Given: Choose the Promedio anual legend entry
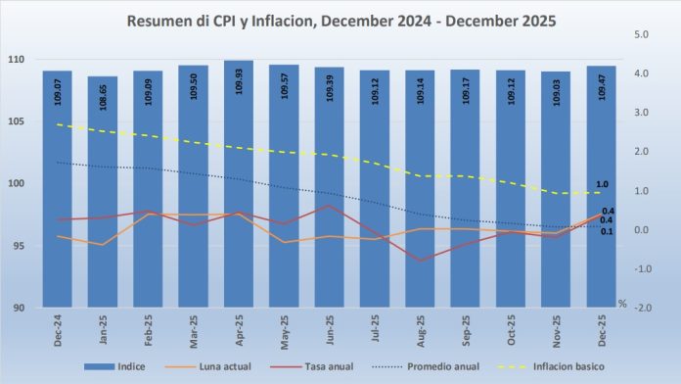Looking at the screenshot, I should pyautogui.click(x=436, y=366).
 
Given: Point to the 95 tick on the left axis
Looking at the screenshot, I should pyautogui.click(x=18, y=246).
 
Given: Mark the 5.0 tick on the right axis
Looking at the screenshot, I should pyautogui.click(x=643, y=34).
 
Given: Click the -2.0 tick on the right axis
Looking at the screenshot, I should pyautogui.click(x=643, y=308).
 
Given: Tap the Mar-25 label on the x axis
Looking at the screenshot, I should pyautogui.click(x=194, y=328).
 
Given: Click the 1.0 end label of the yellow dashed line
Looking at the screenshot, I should pyautogui.click(x=602, y=184).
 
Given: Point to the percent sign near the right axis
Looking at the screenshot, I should pyautogui.click(x=621, y=303).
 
